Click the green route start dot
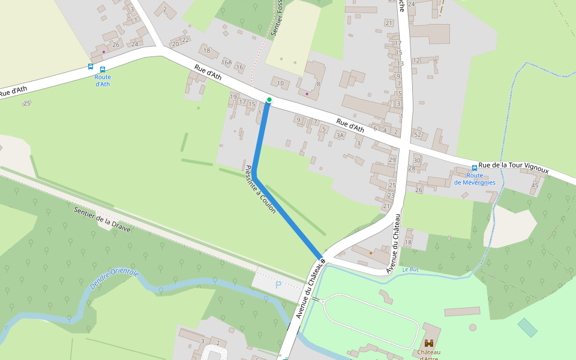269,100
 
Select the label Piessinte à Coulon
260,190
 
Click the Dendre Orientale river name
114,280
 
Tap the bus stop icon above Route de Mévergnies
475,168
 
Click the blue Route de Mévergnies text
475,179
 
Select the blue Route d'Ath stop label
103,80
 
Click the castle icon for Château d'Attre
429,343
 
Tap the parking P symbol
278,285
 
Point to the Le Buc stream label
411,270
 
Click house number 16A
226,62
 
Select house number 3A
340,136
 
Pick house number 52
418,134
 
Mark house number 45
535,185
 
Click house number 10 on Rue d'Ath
280,83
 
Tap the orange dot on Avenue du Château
371,253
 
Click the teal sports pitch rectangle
527,328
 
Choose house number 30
417,160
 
